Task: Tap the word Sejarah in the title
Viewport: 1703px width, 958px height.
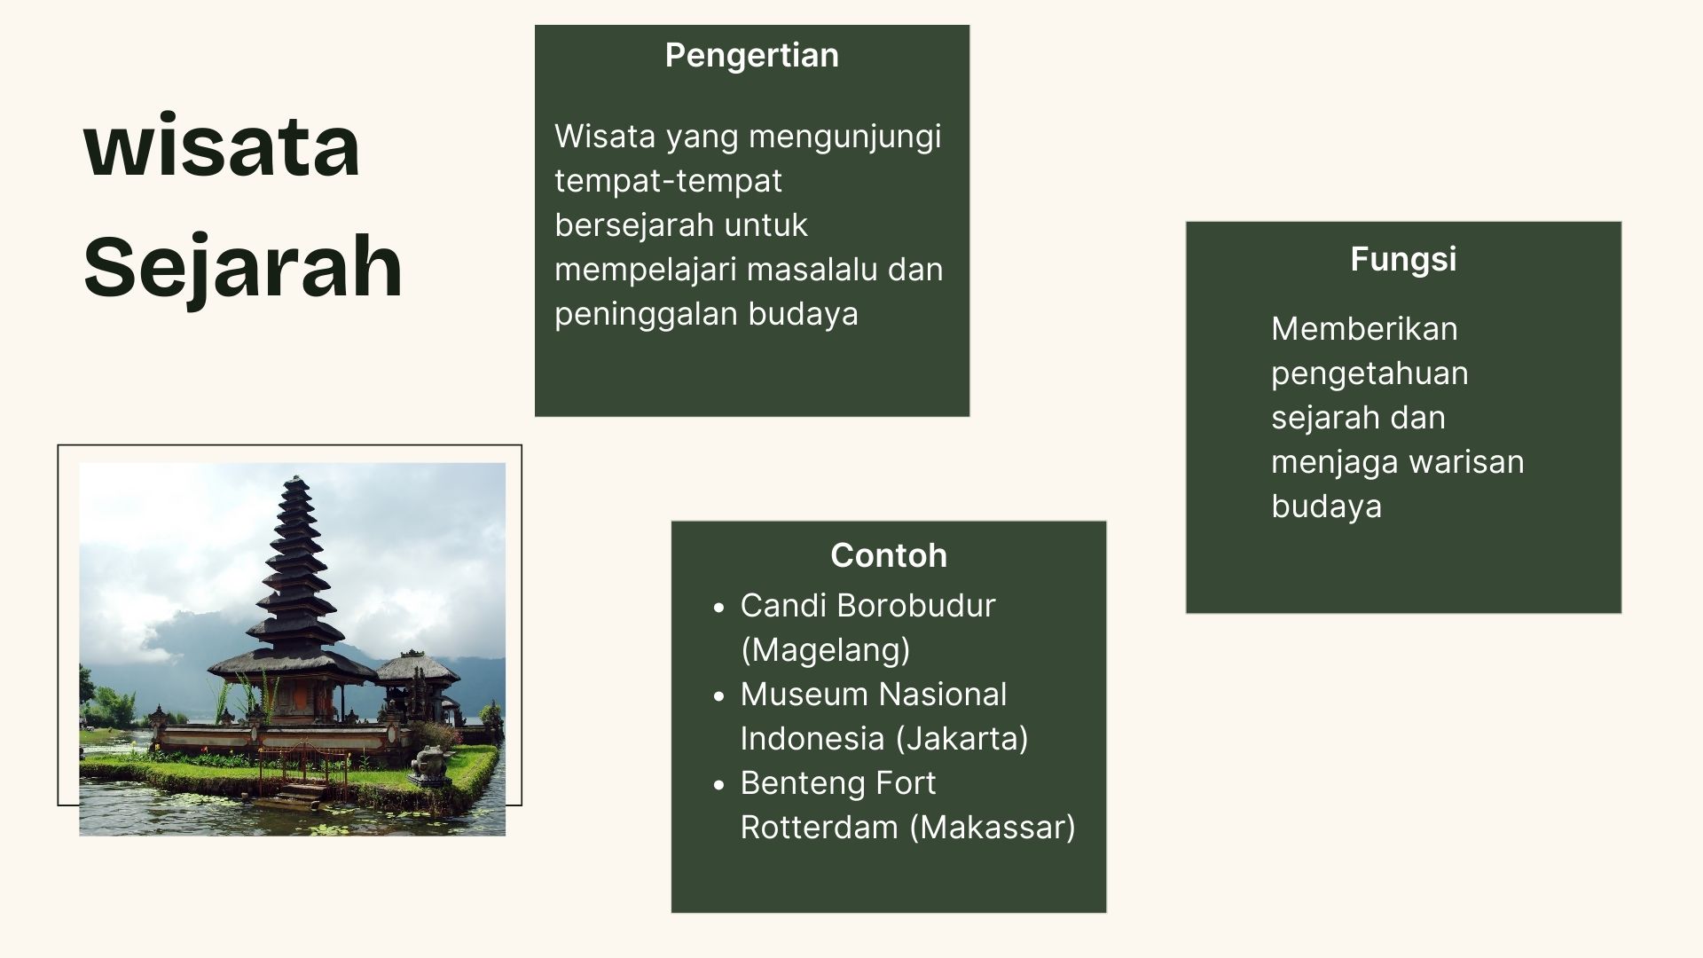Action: [x=243, y=268]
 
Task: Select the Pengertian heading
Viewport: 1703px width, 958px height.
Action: [x=752, y=56]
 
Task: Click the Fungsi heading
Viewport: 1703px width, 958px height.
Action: [x=1403, y=260]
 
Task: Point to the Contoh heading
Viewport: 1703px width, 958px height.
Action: [x=889, y=555]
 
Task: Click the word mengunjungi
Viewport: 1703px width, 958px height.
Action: [x=845, y=138]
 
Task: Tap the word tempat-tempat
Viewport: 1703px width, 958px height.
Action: [x=669, y=182]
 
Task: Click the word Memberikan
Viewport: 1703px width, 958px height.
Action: [x=1364, y=329]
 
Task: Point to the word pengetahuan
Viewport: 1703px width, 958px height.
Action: [x=1369, y=374]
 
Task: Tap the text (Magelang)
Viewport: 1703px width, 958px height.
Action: [x=825, y=651]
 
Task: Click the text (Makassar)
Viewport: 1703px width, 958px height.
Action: [x=993, y=828]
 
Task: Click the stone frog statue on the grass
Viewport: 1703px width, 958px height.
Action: [x=430, y=765]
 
